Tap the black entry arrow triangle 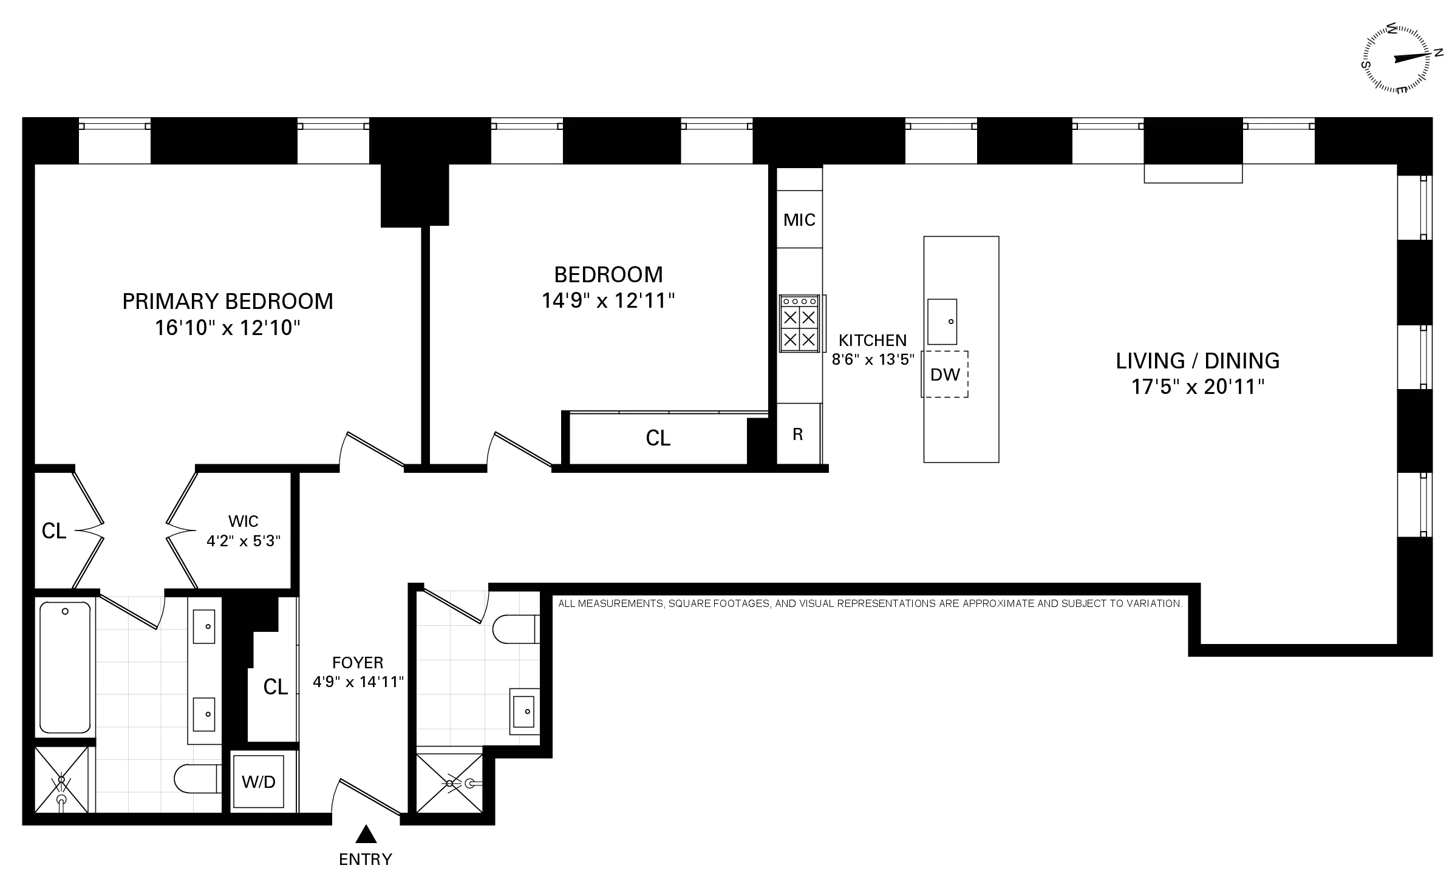[x=366, y=835]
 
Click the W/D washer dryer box [x=259, y=781]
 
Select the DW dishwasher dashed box [x=945, y=375]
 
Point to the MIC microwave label [x=799, y=220]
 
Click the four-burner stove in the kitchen [x=799, y=324]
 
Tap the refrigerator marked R [x=798, y=434]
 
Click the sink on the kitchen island [x=942, y=322]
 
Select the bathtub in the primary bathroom [x=65, y=666]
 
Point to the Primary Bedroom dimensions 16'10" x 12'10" [x=228, y=328]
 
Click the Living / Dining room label [x=1198, y=361]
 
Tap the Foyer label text [x=358, y=662]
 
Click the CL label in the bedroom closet [x=658, y=438]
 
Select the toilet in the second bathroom [x=515, y=629]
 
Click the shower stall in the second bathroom [x=449, y=783]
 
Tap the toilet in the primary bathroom [x=196, y=778]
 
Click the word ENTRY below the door [x=366, y=859]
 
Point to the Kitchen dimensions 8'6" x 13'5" [x=873, y=359]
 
